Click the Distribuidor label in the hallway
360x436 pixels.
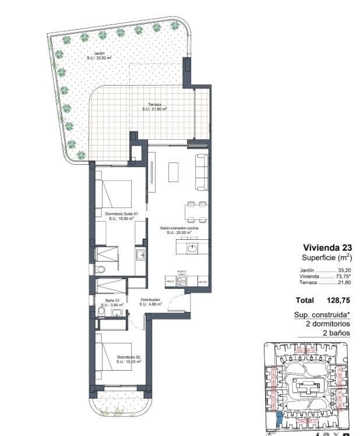[150, 302]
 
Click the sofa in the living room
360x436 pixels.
[201, 172]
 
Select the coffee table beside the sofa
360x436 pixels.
[174, 172]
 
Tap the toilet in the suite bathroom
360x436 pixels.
[100, 269]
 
